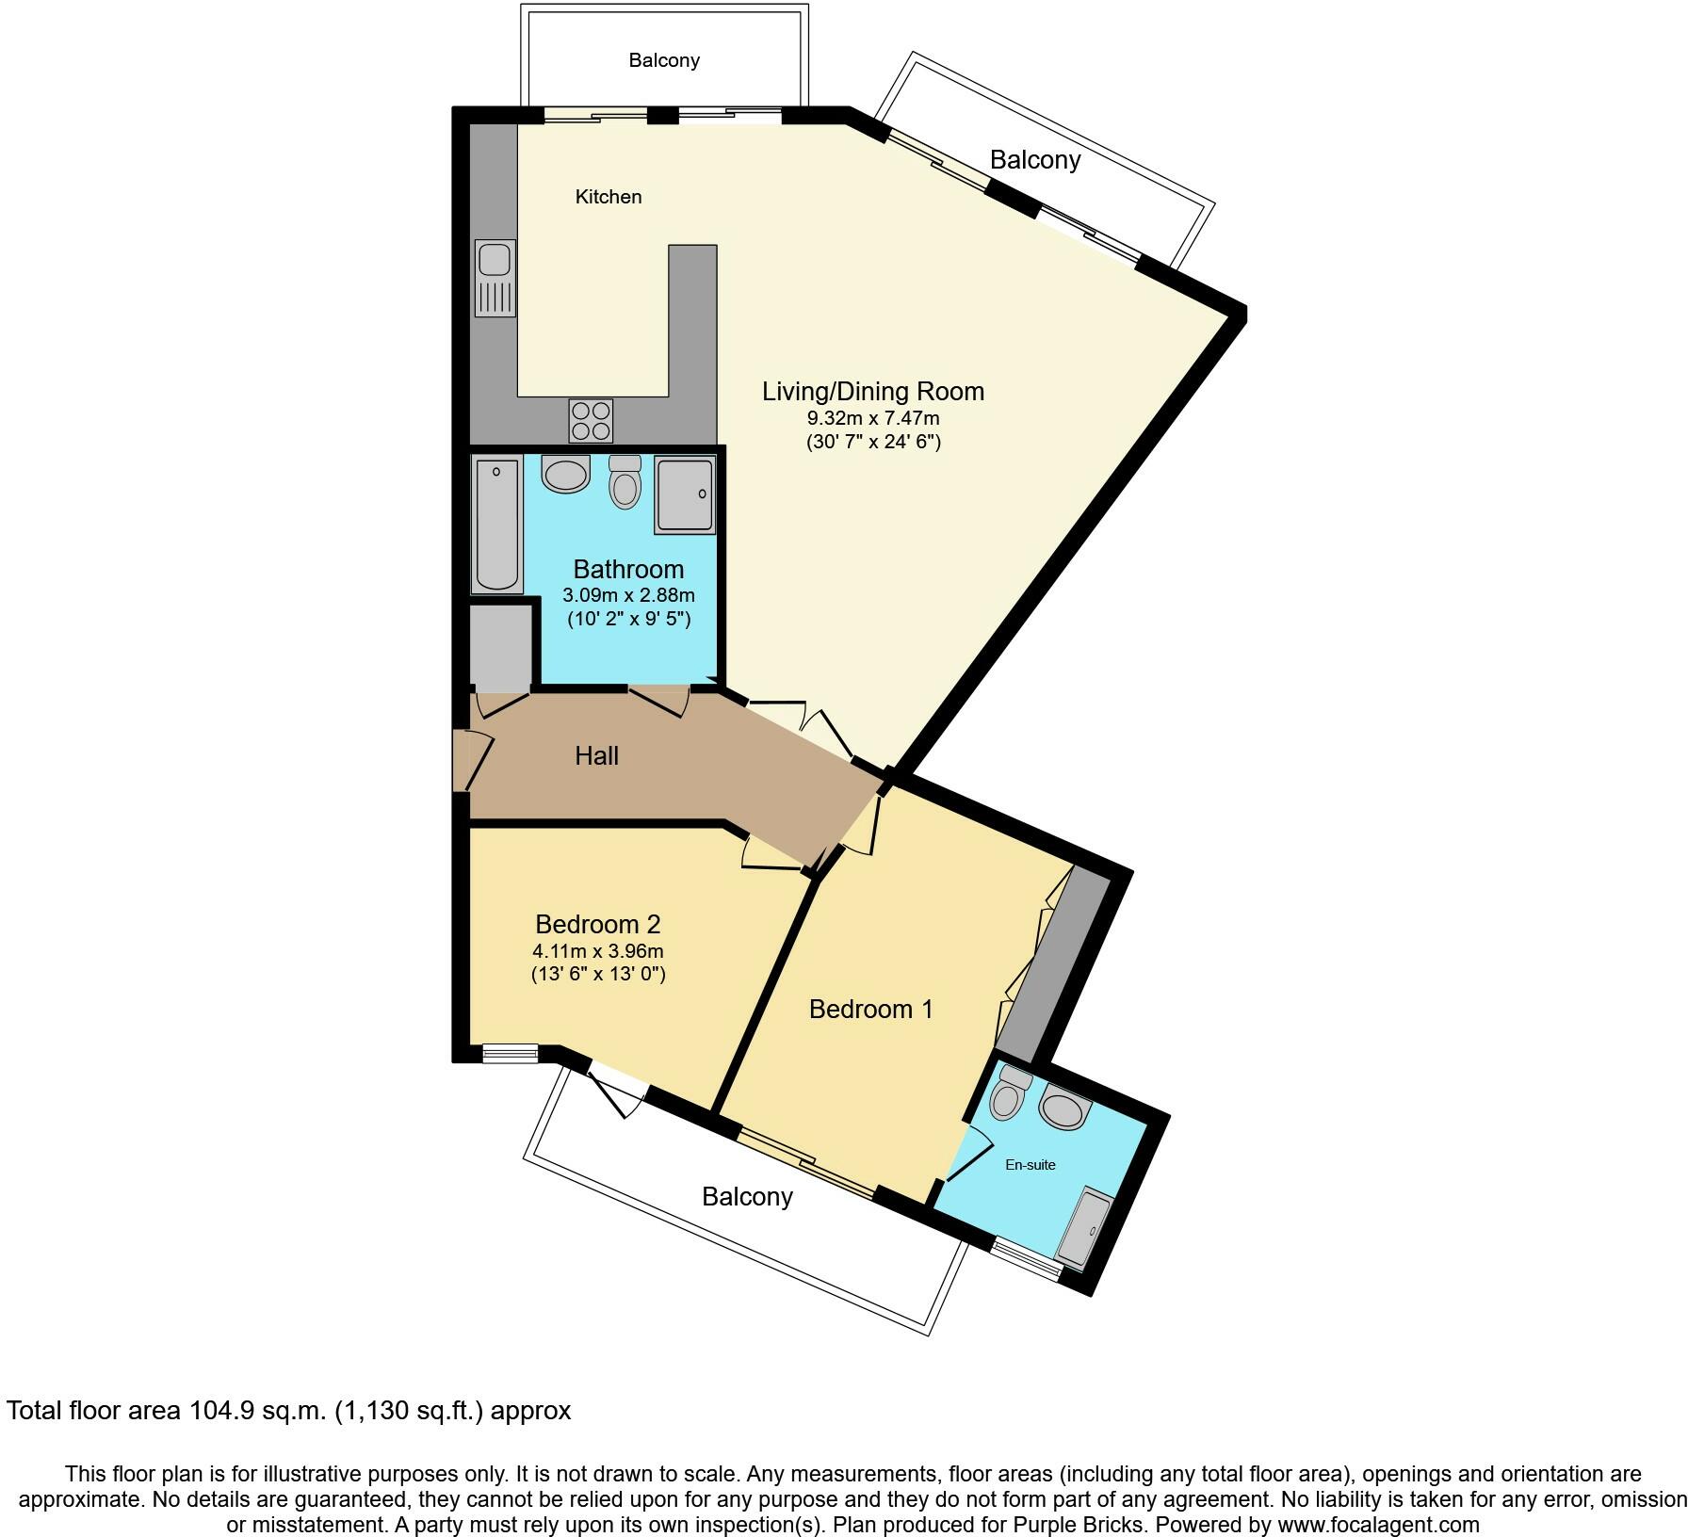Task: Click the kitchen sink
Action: coord(495,277)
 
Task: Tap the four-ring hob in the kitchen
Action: coord(591,420)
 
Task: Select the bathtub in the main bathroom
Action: coord(497,525)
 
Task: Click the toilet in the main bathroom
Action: coord(625,482)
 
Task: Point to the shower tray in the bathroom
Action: coord(685,495)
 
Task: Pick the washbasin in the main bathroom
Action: coord(565,474)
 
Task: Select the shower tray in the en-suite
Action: coord(1084,1228)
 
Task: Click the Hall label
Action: coord(597,755)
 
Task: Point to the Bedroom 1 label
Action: coord(870,1010)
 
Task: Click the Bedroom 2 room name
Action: coord(598,924)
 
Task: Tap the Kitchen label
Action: coord(609,197)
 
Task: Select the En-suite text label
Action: coord(1031,1165)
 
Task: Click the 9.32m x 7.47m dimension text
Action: coord(873,418)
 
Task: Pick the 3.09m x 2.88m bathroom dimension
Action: coord(628,595)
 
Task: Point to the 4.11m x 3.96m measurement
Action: coord(598,951)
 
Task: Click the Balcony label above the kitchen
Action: coord(664,60)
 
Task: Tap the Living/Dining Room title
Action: coord(873,391)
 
